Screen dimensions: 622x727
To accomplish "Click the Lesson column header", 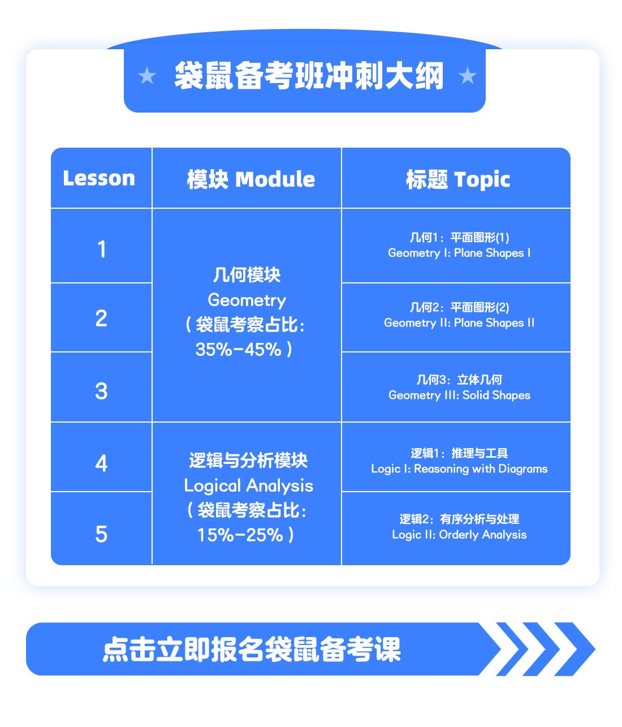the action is (x=99, y=178).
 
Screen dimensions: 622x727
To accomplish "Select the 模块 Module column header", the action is (x=250, y=179).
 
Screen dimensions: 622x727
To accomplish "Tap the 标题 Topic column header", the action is (x=458, y=179).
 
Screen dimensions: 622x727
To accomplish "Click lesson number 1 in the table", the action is (x=101, y=249).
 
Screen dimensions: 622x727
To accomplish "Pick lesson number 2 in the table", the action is (x=101, y=319).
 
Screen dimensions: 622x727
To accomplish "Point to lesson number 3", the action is (x=101, y=391).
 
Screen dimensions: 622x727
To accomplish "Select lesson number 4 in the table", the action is (x=101, y=463).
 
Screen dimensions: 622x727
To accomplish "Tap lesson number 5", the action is (x=101, y=534).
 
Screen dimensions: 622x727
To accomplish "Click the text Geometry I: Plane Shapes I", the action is (x=459, y=253).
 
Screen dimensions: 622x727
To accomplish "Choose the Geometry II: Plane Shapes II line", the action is (x=459, y=322).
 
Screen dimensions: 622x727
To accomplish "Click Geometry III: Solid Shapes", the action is (x=459, y=395).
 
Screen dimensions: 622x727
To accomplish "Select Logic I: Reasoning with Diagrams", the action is (x=459, y=468).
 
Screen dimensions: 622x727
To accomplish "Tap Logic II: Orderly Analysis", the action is (x=459, y=534).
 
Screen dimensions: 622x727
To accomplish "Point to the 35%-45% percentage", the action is (x=239, y=349).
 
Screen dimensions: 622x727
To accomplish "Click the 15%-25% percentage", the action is (x=240, y=535).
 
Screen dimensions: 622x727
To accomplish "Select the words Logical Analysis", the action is (x=249, y=486).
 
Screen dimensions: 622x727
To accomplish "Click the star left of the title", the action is (x=147, y=76).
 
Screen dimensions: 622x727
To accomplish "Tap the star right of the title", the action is (x=468, y=76).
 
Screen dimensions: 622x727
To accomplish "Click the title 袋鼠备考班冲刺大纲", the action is (x=309, y=76).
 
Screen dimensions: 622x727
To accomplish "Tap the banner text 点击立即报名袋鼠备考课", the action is (x=252, y=649).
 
